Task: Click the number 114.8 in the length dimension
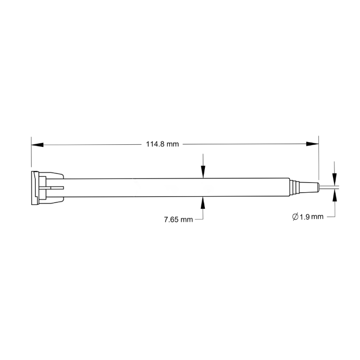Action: (155, 144)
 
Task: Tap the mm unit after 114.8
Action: (173, 144)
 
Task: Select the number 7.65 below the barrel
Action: (171, 220)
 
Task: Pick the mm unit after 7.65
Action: (187, 220)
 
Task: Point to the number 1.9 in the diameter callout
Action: (305, 217)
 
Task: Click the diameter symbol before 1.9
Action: (295, 217)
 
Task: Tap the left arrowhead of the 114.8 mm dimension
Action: (37, 145)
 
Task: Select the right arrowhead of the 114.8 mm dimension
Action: (312, 144)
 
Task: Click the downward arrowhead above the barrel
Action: (203, 172)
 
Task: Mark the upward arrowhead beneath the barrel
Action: (203, 203)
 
